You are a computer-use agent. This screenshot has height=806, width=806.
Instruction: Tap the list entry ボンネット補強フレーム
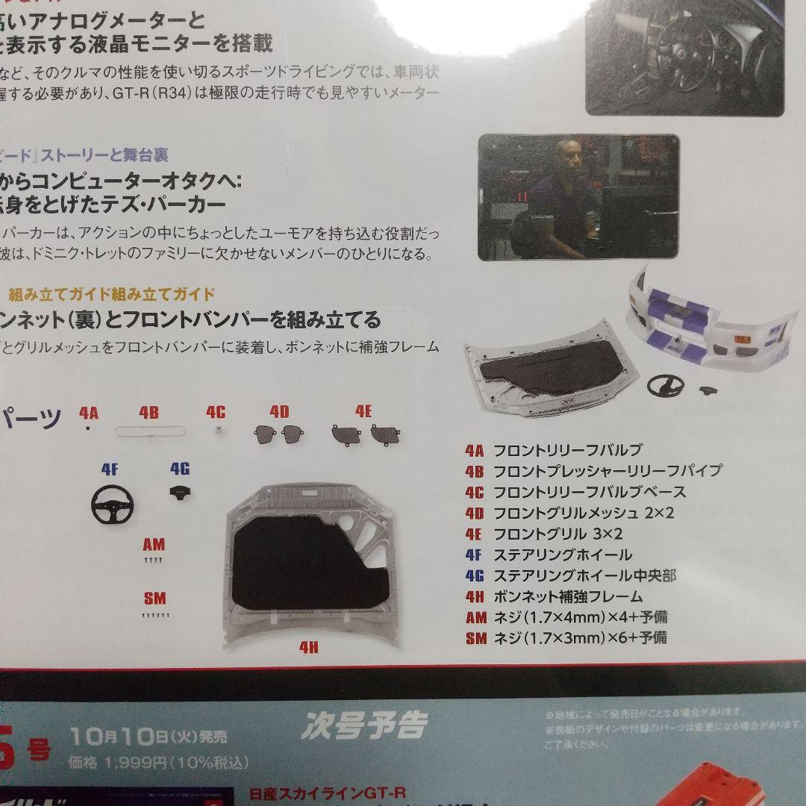point(568,596)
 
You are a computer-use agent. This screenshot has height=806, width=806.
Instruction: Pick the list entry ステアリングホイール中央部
point(584,575)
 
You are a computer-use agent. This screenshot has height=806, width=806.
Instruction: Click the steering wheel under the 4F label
point(110,507)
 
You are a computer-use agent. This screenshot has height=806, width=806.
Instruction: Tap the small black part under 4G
point(179,493)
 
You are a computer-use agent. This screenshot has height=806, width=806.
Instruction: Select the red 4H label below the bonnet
point(308,648)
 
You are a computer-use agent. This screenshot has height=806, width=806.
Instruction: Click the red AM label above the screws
point(153,544)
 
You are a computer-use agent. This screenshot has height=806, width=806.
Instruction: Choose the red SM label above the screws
point(154,599)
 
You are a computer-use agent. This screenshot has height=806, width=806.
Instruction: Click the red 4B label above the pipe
point(149,413)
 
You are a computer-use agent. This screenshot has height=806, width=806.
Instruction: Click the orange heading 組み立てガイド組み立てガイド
point(112,293)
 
